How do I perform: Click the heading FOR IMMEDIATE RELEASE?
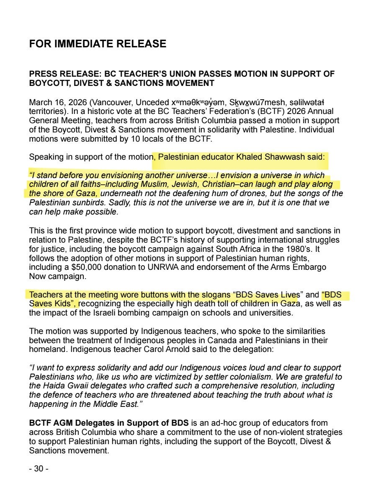pyautogui.click(x=98, y=44)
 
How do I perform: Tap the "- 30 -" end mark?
pyautogui.click(x=39, y=469)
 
